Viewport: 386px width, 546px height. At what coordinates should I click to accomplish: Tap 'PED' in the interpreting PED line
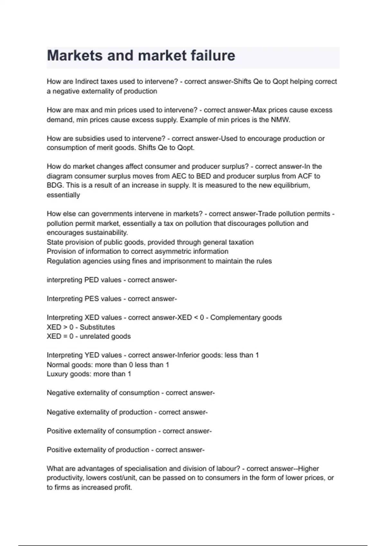pos(91,280)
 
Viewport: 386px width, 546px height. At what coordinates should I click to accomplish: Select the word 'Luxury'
pos(57,374)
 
